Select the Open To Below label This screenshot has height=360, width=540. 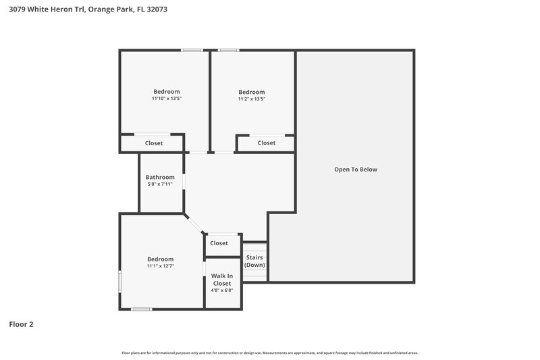tap(355, 170)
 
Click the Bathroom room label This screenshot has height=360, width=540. tap(160, 177)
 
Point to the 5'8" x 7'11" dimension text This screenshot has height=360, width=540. tap(160, 184)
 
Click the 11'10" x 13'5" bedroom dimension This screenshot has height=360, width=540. tap(166, 99)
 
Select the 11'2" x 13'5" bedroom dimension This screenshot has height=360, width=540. tap(251, 99)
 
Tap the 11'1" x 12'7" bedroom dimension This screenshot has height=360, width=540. tap(161, 266)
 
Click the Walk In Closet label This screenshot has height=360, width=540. tap(221, 280)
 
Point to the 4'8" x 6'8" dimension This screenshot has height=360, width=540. tap(221, 291)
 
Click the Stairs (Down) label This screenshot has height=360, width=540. tap(254, 261)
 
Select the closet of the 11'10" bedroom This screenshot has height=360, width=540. tap(153, 143)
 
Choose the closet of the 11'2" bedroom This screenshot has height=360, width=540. tap(266, 143)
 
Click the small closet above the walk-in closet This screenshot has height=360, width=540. tap(219, 243)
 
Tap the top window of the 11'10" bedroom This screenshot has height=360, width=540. tap(192, 50)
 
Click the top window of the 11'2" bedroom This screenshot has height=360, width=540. tap(228, 50)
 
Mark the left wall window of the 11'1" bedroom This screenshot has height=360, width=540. tap(120, 281)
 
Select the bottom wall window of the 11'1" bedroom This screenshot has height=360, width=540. tap(142, 309)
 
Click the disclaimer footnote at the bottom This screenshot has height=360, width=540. tap(269, 353)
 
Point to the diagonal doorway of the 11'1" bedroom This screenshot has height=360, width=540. tap(194, 225)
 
